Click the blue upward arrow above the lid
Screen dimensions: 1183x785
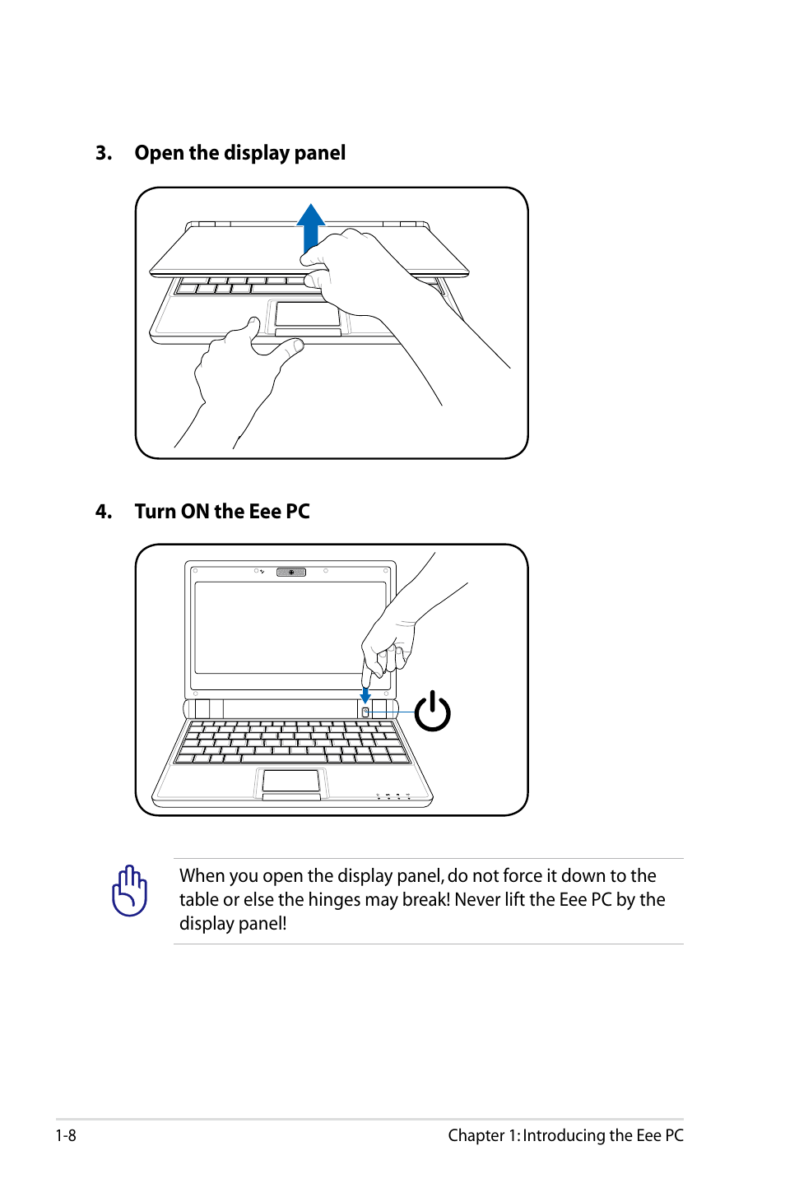310,226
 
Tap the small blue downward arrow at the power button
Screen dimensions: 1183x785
365,695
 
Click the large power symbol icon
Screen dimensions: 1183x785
432,712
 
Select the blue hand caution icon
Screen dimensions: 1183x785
129,891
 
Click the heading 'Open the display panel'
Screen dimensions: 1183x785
239,153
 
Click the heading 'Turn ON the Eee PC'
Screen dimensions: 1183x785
222,512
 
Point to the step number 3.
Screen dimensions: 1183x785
103,153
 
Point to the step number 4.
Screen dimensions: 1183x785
103,512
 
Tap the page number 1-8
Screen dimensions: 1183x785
66,1135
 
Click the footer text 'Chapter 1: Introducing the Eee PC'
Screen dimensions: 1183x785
565,1135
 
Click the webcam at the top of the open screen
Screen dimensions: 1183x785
291,572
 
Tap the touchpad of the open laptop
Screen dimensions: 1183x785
291,781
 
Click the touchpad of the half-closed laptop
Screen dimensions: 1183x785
307,313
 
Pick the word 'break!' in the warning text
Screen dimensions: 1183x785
425,899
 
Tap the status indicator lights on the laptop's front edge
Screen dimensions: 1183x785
393,796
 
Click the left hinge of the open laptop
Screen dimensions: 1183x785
202,708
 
